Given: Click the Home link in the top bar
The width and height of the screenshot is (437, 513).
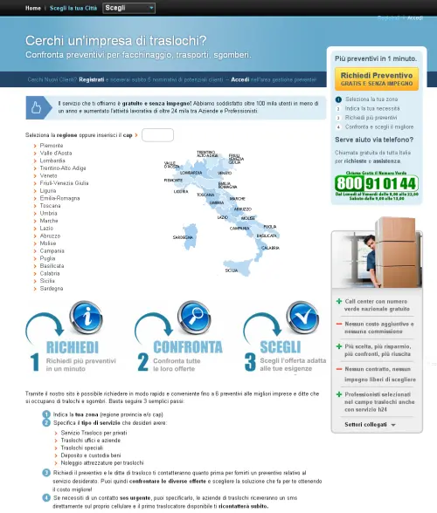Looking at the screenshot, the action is (x=33, y=8).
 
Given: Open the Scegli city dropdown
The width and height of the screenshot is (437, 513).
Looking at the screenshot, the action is (x=128, y=8).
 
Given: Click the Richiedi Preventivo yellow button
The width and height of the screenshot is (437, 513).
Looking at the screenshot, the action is (x=376, y=79).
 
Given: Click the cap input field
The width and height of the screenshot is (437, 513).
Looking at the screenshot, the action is (x=157, y=135).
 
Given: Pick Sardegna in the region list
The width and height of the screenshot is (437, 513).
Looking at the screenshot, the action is (x=54, y=288).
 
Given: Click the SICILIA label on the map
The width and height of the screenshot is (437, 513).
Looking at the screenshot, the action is (x=231, y=271).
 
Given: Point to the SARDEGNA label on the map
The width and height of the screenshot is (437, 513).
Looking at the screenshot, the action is (x=183, y=237).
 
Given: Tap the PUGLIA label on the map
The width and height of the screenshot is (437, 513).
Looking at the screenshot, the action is (x=269, y=226).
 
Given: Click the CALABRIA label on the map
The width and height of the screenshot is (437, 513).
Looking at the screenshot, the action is (x=270, y=248).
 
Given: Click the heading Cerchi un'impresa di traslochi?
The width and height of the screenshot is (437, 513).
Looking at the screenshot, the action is (x=115, y=41).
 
